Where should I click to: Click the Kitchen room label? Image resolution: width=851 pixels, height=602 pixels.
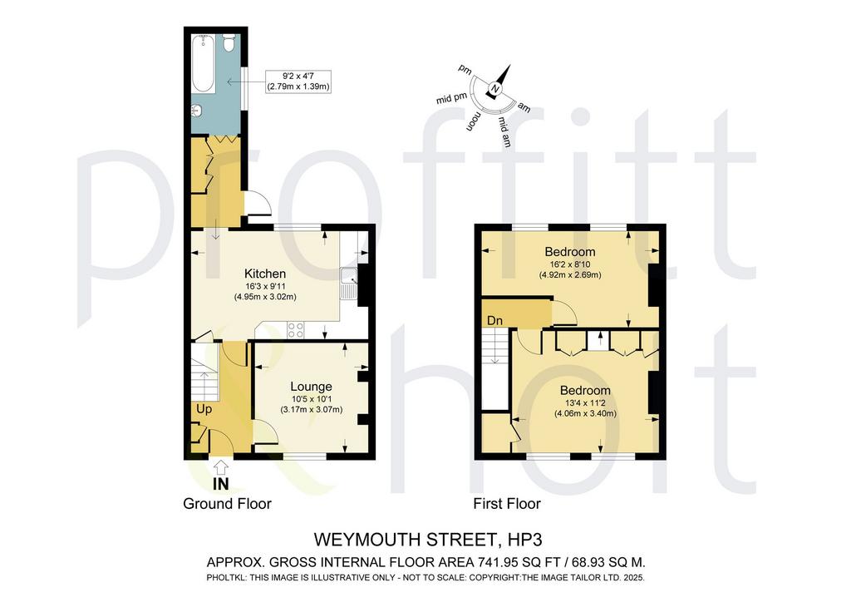point(265,274)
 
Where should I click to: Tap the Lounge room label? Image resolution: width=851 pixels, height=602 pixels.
point(311,387)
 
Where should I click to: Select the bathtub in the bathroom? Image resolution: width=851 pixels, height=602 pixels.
point(204,65)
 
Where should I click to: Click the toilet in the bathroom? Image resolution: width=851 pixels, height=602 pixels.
point(229,42)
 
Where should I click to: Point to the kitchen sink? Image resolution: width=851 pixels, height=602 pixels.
point(348,284)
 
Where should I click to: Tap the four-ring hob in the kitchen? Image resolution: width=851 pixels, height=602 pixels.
point(296,330)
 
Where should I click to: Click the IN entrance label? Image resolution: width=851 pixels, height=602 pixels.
point(220,483)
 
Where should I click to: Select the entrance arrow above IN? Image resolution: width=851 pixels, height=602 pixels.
point(220,466)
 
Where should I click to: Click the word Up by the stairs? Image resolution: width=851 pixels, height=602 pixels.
point(204,409)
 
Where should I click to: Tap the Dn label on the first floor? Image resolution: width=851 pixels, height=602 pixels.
point(494,321)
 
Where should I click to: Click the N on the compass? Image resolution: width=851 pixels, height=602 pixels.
point(494,89)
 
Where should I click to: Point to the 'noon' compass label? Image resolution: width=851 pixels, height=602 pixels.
point(473,122)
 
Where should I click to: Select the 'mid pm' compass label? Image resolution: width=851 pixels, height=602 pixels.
point(451,98)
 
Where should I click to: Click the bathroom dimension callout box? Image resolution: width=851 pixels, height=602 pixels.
point(298,81)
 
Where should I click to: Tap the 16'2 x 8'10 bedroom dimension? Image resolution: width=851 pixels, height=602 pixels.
point(570,264)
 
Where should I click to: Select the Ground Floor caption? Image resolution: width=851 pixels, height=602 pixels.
point(227,504)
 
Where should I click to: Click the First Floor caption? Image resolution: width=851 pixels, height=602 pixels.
point(507,504)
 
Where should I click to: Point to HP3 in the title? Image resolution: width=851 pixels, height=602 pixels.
point(525,540)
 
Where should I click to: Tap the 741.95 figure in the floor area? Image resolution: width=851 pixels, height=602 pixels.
point(497,562)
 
